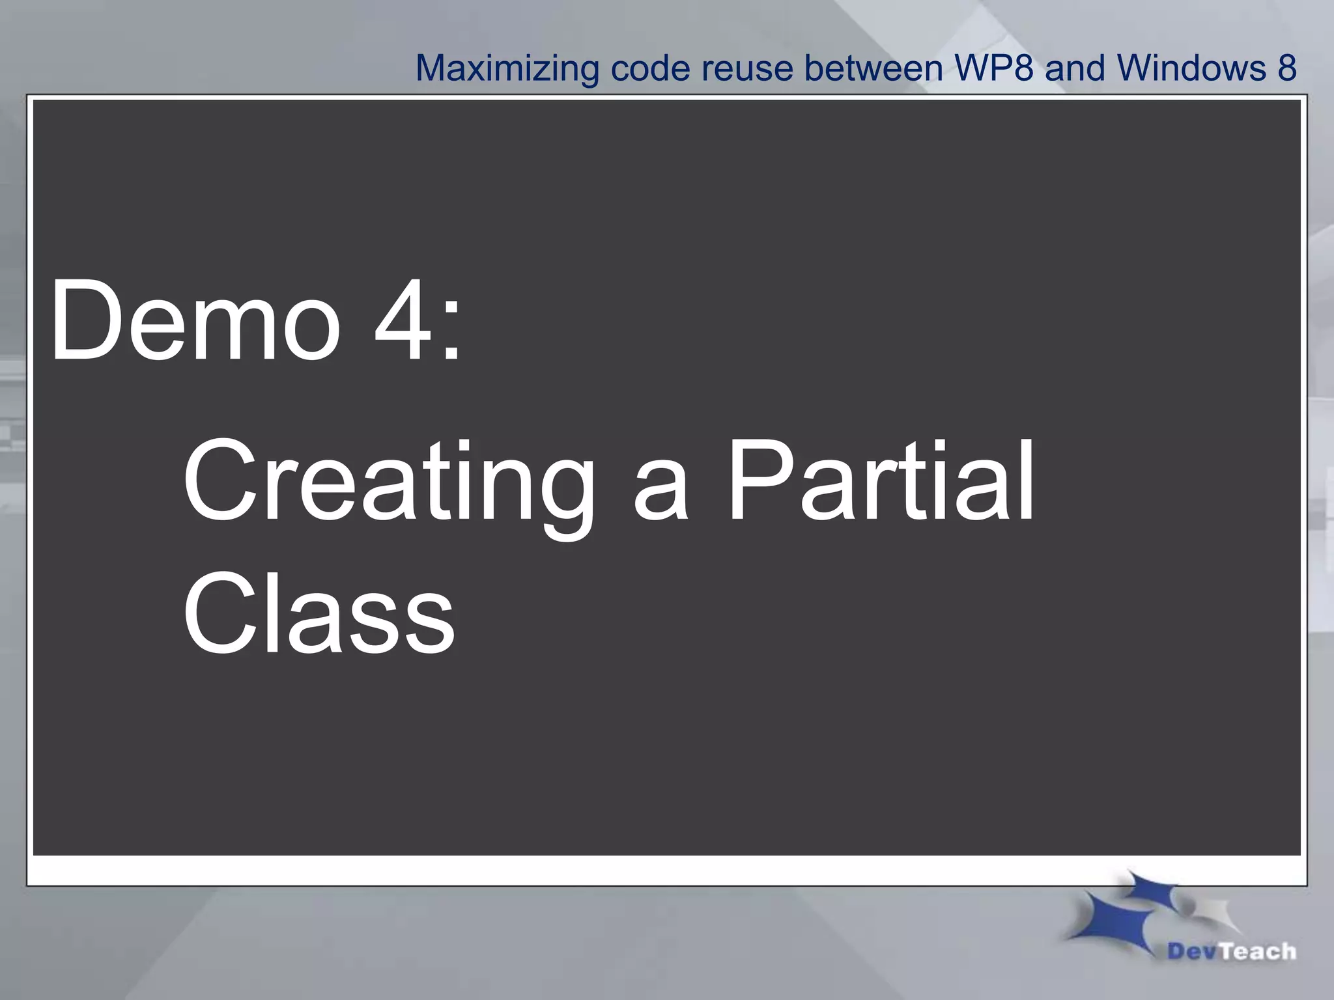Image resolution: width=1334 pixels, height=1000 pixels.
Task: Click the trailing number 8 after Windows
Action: (x=1286, y=68)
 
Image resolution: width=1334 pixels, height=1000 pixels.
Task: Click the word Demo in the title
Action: (x=195, y=320)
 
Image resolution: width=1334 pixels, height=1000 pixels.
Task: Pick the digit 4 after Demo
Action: (x=403, y=320)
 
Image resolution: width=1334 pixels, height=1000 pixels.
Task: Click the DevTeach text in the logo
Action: (x=1232, y=951)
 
